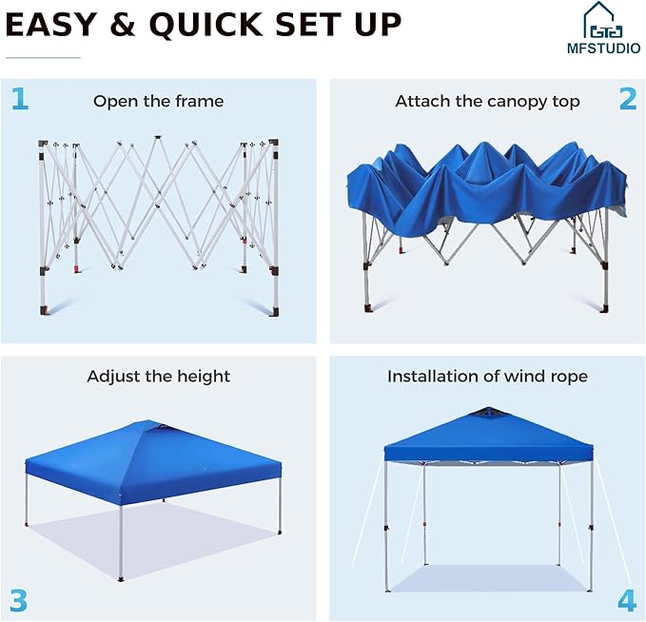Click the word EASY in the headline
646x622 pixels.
click(51, 25)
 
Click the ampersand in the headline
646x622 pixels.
click(123, 25)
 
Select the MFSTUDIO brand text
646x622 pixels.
click(603, 49)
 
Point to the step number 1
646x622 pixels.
click(20, 99)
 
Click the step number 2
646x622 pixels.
click(628, 99)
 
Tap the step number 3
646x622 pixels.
click(18, 600)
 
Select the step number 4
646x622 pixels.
click(627, 600)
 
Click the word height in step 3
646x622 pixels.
click(204, 377)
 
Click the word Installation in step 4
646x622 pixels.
click(434, 376)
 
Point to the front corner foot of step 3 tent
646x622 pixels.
click(121, 579)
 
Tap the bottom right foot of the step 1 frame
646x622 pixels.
click(274, 312)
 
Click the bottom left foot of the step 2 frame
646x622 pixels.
click(368, 308)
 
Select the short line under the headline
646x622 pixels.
click(43, 58)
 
